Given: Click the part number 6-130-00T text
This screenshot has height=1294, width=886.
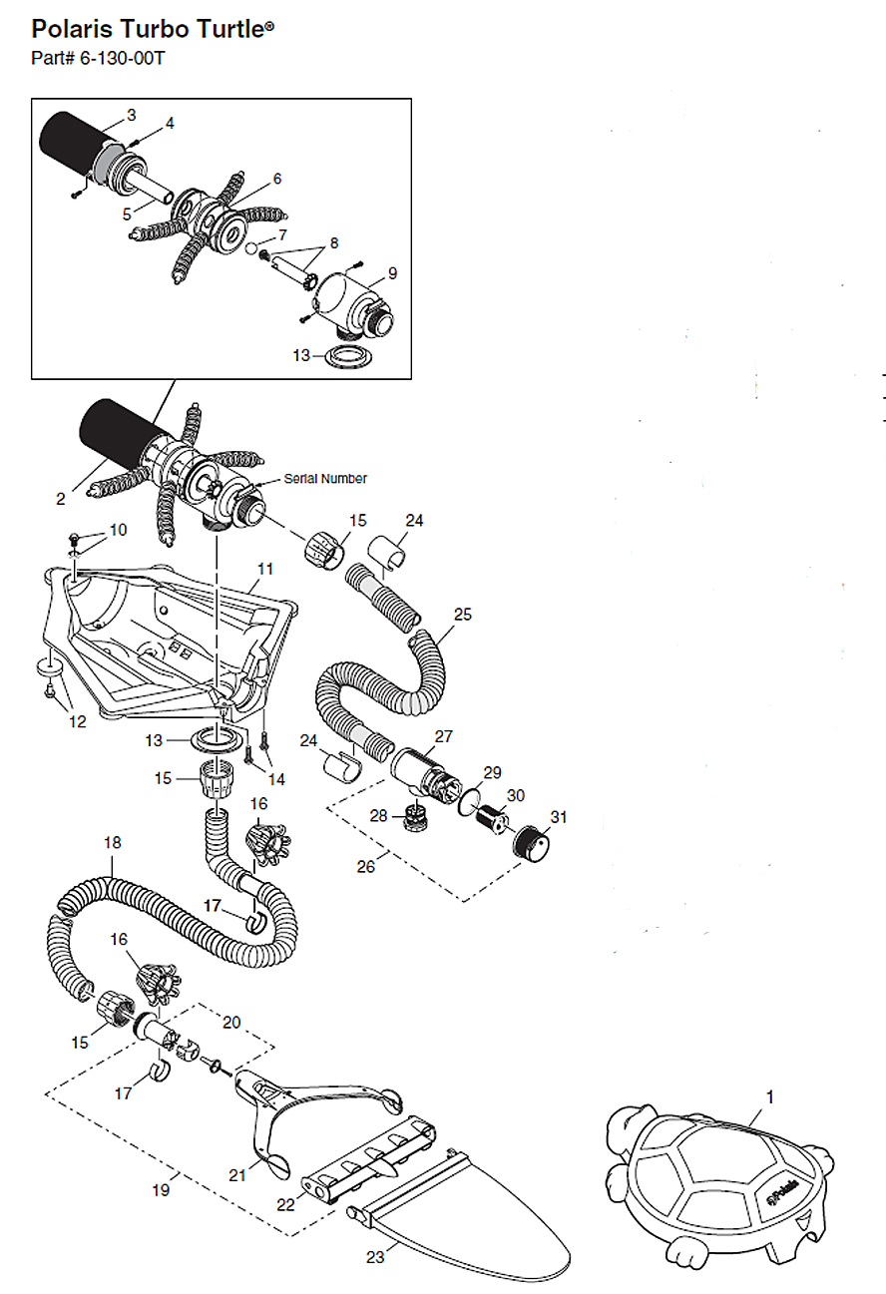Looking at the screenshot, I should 98,58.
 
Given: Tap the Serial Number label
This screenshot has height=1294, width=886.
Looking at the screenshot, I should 325,479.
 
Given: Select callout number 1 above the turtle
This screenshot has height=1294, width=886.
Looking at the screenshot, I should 769,1096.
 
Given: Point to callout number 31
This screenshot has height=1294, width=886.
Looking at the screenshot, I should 559,817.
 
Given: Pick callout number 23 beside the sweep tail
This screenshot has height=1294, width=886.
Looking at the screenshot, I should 375,1257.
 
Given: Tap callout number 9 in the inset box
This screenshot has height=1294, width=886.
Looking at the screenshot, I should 392,272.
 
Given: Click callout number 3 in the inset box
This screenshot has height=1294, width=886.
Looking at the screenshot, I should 131,115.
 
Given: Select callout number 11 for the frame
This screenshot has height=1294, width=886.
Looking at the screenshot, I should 264,569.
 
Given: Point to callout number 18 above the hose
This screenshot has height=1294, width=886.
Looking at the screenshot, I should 113,843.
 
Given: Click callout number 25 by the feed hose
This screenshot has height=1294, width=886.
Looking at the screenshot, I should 462,614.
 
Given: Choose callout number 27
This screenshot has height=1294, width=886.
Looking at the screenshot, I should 443,736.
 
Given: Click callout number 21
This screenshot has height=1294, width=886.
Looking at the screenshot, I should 236,1175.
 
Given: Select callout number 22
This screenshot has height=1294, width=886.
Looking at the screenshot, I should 286,1205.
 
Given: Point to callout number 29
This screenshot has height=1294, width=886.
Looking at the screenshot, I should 491,772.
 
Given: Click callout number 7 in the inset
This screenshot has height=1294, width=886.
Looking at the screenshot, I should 282,234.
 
